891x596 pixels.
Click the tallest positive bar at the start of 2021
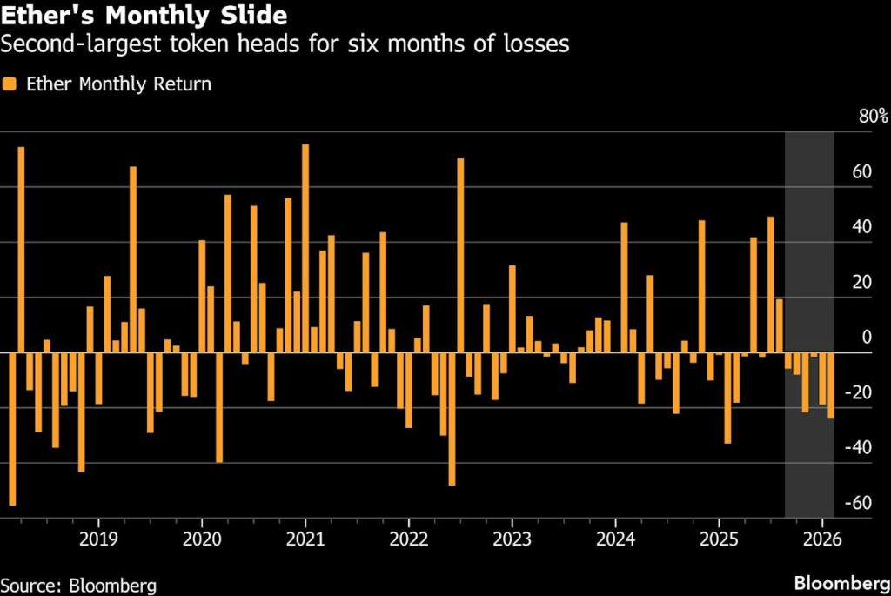305,248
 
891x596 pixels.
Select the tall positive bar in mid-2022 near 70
460,255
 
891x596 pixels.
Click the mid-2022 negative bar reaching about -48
452,418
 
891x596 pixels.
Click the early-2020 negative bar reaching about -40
219,406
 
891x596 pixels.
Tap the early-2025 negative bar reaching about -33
727,398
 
